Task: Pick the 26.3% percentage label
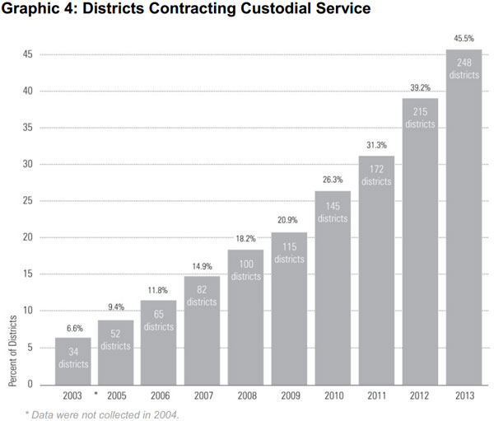point(333,180)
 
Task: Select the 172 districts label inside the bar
point(376,175)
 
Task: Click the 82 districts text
point(203,296)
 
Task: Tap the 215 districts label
point(420,118)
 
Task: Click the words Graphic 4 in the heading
point(38,11)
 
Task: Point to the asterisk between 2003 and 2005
point(96,393)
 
